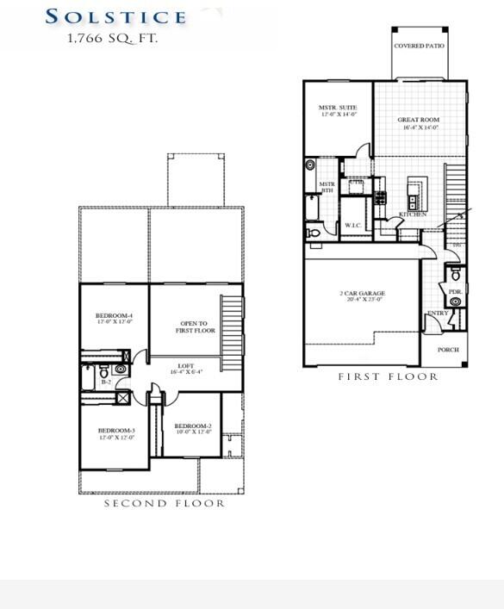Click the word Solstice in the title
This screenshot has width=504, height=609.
click(x=115, y=16)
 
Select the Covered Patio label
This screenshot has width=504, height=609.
click(x=419, y=46)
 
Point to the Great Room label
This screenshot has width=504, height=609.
click(x=420, y=120)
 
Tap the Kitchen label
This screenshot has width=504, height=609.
click(x=412, y=214)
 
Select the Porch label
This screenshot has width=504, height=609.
click(x=448, y=350)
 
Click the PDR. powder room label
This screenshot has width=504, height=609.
click(x=456, y=292)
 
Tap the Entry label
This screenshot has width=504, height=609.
click(x=437, y=313)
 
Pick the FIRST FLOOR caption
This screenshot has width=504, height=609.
click(x=388, y=377)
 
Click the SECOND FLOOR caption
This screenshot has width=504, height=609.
click(x=165, y=503)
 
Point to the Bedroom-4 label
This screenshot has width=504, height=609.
click(x=114, y=316)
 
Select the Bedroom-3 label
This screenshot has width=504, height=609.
click(x=115, y=430)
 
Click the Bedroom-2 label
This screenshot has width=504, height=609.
click(x=192, y=426)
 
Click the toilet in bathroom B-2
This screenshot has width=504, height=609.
click(x=120, y=370)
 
